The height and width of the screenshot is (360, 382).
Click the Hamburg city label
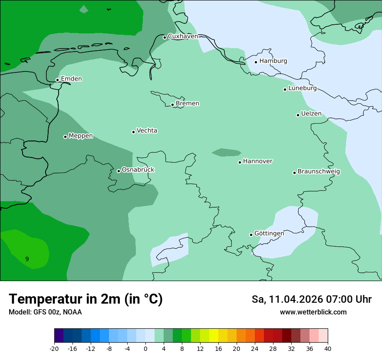273,61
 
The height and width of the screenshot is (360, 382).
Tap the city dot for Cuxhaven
165,37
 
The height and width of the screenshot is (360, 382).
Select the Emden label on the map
71,79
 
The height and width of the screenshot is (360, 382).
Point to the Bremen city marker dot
172,105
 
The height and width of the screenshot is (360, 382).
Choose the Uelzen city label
311,114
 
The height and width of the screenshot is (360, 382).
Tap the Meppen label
81,136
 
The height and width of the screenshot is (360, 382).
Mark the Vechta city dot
133,132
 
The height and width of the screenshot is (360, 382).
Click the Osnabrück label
138,170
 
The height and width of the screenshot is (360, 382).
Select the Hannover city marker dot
240,162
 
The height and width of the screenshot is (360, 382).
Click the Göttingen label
269,233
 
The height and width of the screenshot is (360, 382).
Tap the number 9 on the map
27,259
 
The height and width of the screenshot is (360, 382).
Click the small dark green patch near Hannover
226,152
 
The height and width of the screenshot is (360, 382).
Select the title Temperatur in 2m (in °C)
86,299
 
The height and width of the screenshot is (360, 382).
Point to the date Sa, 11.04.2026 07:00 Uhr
311,299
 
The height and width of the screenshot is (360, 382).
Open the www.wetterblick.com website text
313,312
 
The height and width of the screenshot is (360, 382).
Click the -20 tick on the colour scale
54,349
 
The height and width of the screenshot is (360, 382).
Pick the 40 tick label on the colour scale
328,349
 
